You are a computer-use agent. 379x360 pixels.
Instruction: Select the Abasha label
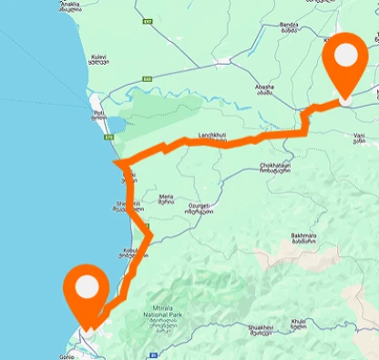pyautogui.click(x=264, y=88)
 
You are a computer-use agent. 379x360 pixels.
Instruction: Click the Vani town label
pyautogui.click(x=359, y=139)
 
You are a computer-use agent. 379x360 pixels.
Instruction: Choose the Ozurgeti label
pyautogui.click(x=200, y=209)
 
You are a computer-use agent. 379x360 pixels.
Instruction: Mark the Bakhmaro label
pyautogui.click(x=304, y=239)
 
